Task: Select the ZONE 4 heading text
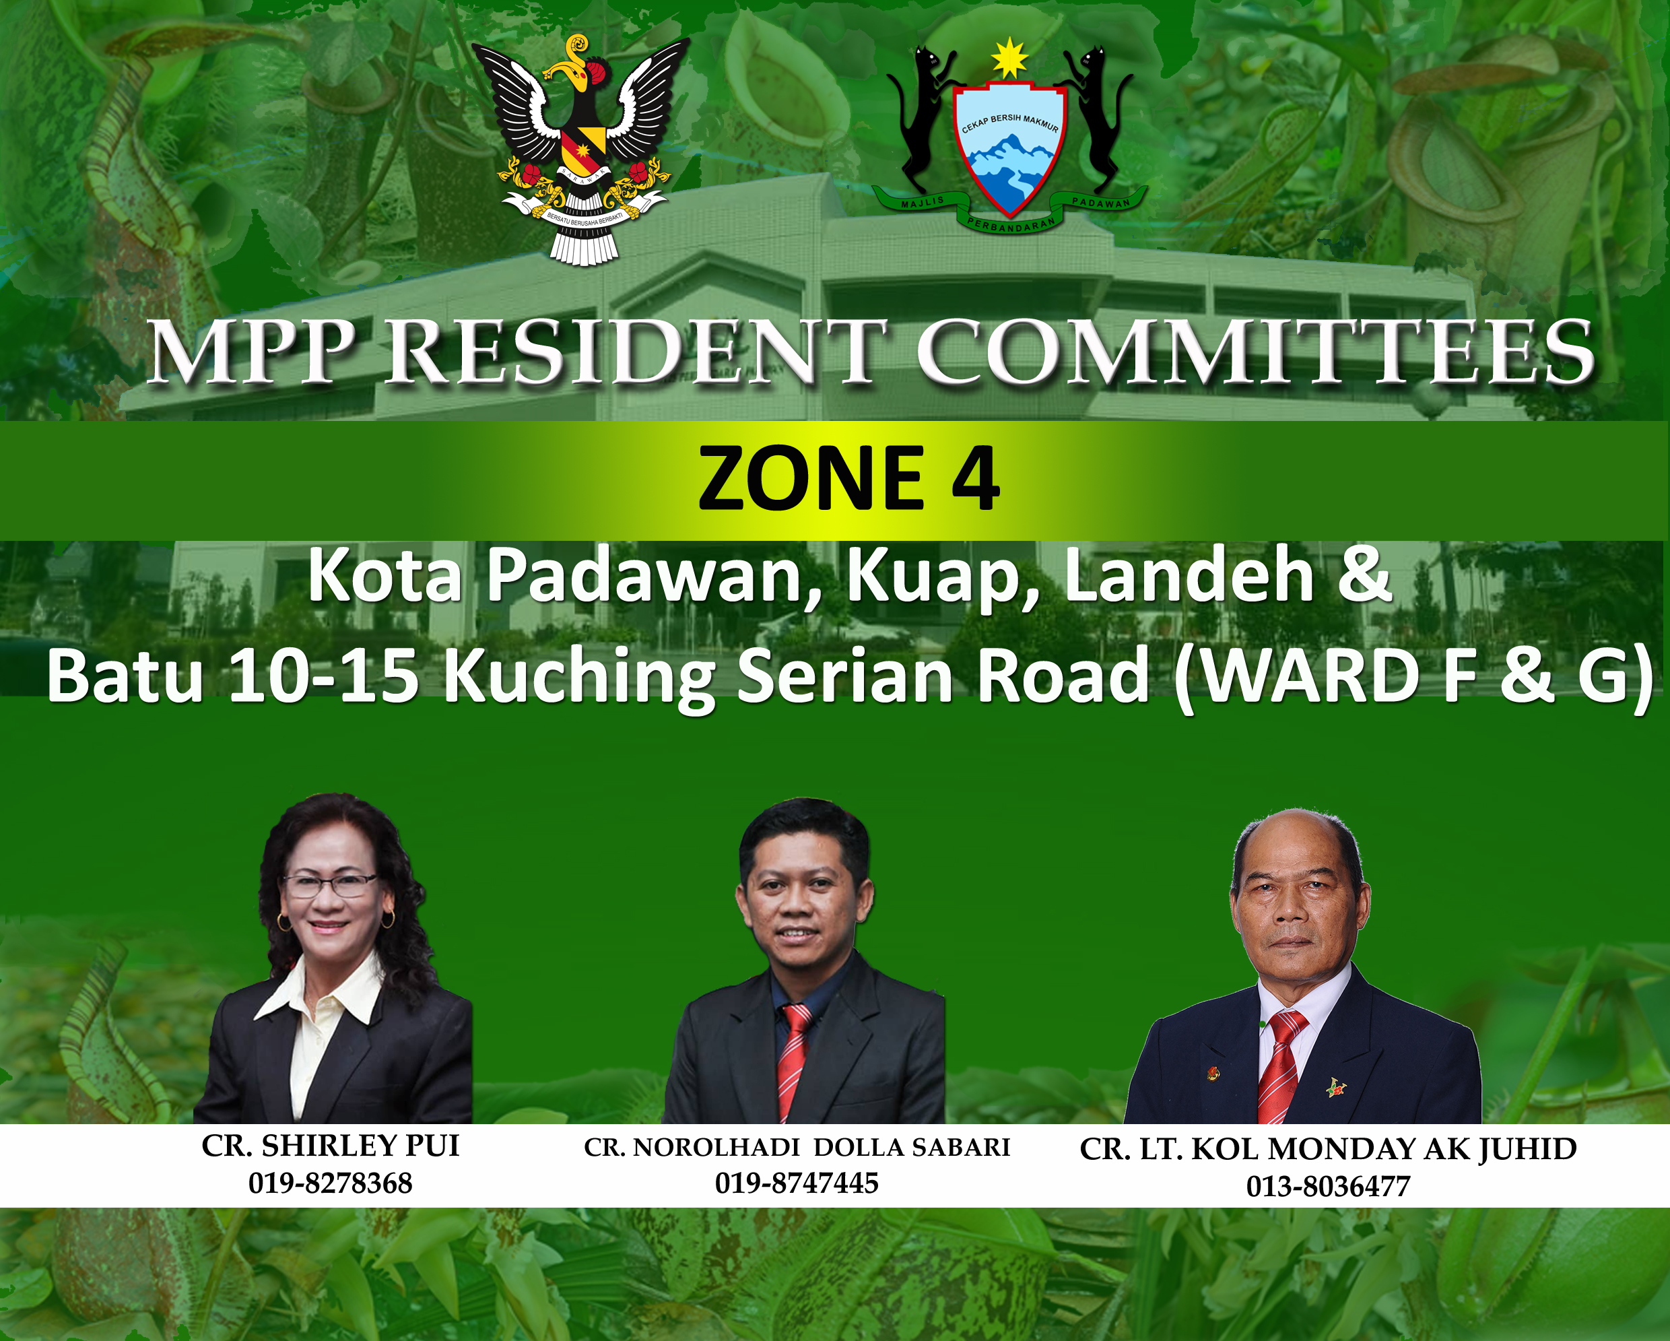tap(848, 478)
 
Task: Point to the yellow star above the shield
tap(1010, 58)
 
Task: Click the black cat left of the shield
tap(922, 117)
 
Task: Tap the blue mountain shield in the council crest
tap(1009, 151)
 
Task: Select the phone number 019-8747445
tap(796, 1183)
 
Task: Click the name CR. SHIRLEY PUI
tap(331, 1146)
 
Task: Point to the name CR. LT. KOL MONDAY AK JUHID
tap(1328, 1149)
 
